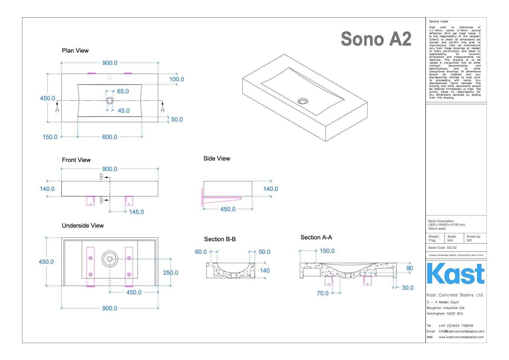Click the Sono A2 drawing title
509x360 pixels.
[376, 39]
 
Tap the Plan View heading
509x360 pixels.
[75, 50]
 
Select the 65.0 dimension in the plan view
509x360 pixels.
[123, 91]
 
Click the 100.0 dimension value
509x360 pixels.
[177, 79]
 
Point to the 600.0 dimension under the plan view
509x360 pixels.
[109, 137]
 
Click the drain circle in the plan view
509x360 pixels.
[110, 100]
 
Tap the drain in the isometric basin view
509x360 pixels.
[303, 101]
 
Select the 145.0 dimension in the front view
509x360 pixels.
[136, 212]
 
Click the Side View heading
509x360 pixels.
[217, 158]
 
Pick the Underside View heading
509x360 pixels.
[83, 225]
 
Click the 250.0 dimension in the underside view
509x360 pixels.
[170, 273]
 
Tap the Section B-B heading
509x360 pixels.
[220, 239]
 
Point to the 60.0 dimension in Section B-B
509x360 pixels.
[201, 252]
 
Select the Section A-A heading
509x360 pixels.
[316, 237]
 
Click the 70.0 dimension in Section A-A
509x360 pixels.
[323, 293]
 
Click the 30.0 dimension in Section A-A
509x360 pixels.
[407, 288]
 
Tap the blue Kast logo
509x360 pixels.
[456, 274]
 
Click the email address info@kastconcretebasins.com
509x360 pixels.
[461, 331]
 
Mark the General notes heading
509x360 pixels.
[438, 21]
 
